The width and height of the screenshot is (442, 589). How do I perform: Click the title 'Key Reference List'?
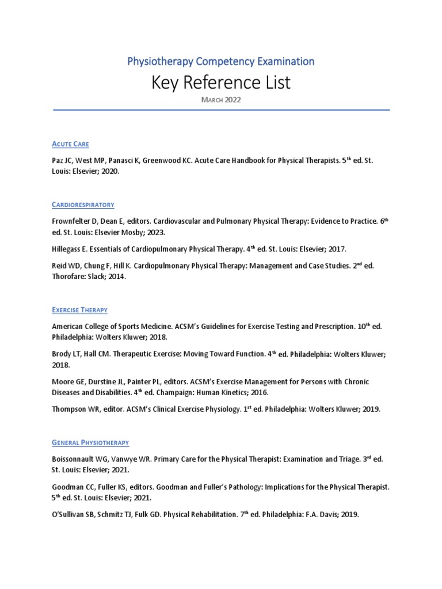(221, 83)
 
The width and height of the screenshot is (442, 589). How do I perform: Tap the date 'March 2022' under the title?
(221, 100)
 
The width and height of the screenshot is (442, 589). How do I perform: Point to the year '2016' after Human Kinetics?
(257, 392)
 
